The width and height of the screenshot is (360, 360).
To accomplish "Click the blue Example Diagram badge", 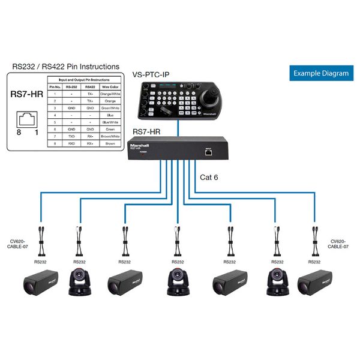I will point(320,73).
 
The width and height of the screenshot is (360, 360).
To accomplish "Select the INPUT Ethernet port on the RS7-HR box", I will point(209,152).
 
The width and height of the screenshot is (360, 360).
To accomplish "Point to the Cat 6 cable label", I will point(210,177).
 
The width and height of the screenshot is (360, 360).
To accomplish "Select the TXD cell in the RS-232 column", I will point(71,136).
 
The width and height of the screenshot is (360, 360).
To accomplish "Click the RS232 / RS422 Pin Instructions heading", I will point(65,66).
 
